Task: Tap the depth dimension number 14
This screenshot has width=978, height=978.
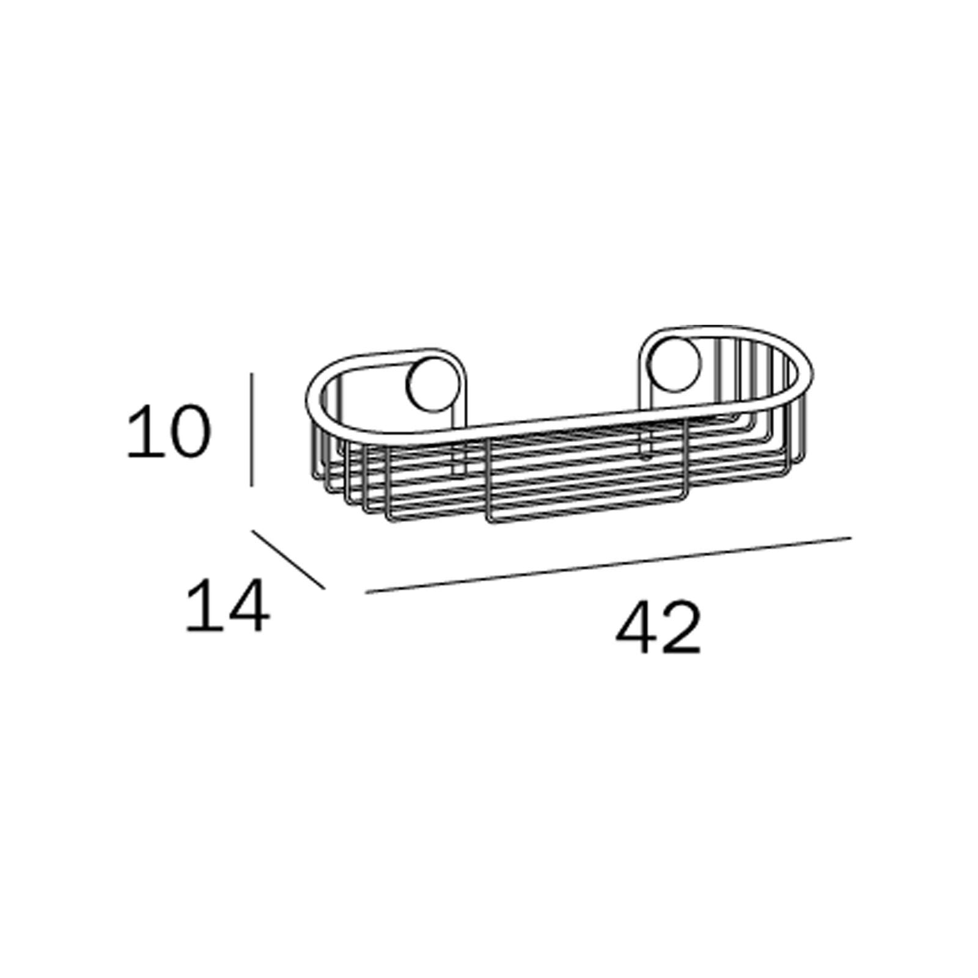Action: pyautogui.click(x=227, y=606)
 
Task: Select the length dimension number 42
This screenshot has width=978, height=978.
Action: pyautogui.click(x=658, y=628)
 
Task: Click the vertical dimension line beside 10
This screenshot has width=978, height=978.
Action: pyautogui.click(x=251, y=430)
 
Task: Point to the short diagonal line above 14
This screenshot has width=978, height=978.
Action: pyautogui.click(x=289, y=561)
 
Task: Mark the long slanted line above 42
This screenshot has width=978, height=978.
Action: pyautogui.click(x=608, y=565)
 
